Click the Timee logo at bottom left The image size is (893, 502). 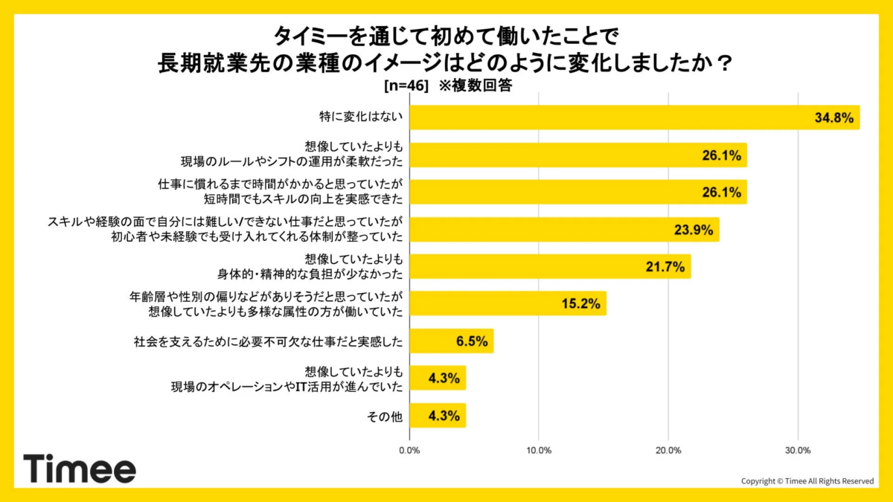click(80, 469)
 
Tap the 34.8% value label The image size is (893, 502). click(834, 118)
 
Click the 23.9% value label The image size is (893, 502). click(694, 230)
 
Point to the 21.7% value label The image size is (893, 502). click(665, 267)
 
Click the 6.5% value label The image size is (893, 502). click(471, 341)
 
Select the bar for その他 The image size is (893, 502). click(438, 416)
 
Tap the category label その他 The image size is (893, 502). click(385, 416)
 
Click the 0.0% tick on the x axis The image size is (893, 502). click(409, 451)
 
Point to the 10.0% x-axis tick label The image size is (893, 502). click(539, 451)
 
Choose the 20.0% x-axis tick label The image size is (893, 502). click(668, 451)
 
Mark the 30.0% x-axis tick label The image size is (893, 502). click(798, 451)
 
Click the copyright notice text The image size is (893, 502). click(807, 481)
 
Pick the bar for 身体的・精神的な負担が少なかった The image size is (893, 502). click(550, 267)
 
